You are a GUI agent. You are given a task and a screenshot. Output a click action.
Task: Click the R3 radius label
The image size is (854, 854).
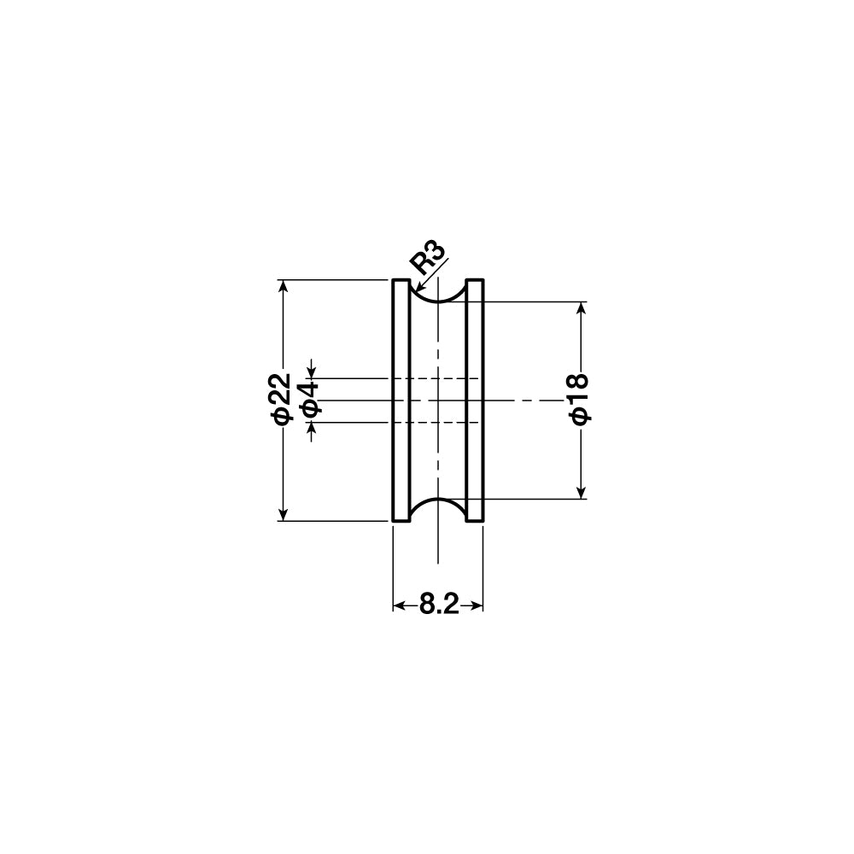coord(429,256)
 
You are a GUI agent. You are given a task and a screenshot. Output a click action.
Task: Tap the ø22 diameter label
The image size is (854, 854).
coord(281,398)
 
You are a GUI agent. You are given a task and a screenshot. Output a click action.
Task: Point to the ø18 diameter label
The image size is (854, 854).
coord(580,398)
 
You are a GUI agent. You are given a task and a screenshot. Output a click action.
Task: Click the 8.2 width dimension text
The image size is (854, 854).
coord(438,605)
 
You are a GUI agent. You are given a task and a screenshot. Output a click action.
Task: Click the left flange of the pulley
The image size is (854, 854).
coord(401,401)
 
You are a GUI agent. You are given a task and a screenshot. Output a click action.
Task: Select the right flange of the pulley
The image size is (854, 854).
coord(475,401)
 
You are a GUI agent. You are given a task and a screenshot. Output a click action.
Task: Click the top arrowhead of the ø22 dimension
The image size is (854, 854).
coord(283,286)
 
